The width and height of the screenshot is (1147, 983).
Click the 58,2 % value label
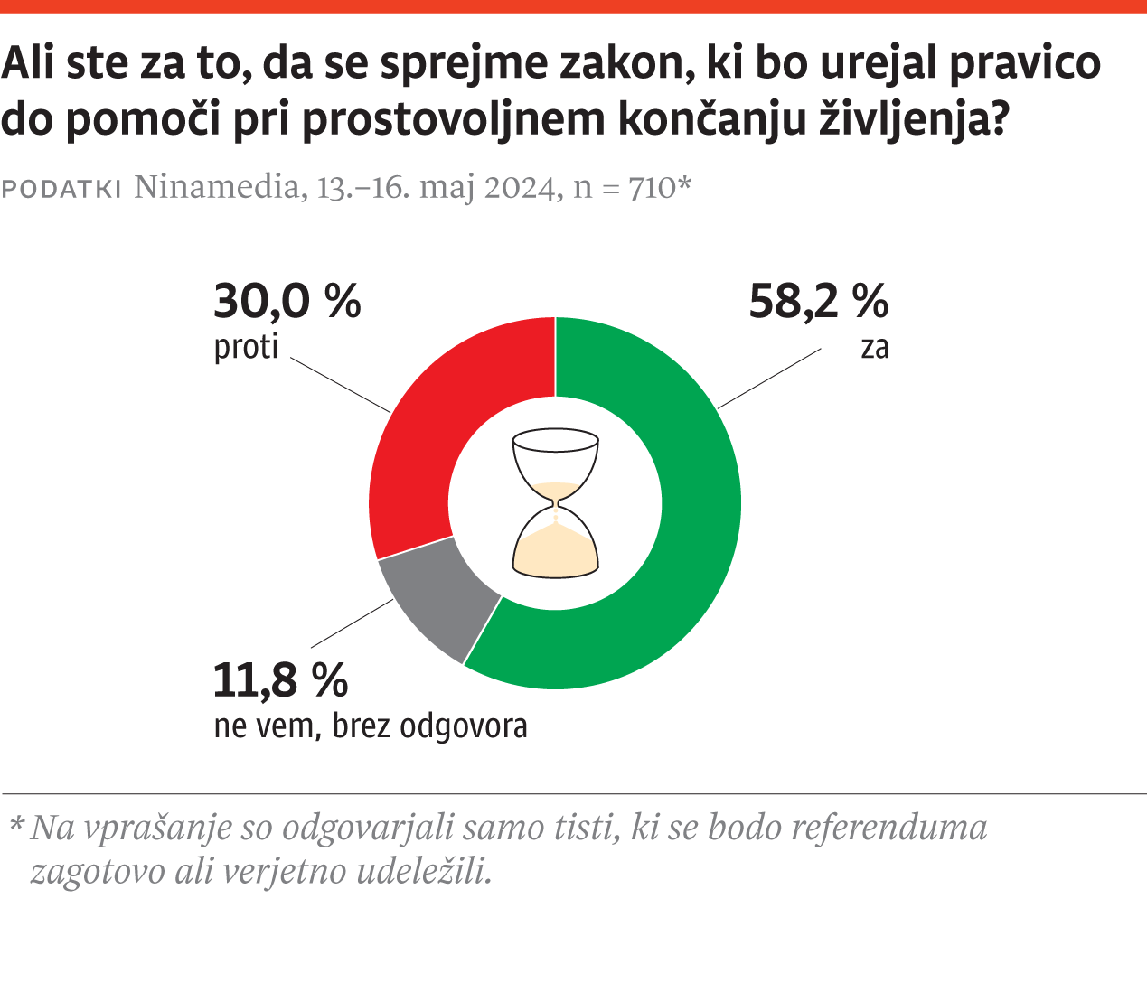click(818, 301)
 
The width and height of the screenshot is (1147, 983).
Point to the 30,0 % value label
click(287, 301)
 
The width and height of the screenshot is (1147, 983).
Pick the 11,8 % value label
click(280, 680)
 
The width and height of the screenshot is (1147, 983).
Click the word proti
click(246, 347)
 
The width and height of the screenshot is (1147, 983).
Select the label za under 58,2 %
click(874, 348)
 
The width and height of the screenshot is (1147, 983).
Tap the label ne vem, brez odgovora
click(371, 726)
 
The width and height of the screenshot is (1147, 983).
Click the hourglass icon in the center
click(555, 503)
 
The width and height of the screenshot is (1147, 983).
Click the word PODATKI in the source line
click(62, 189)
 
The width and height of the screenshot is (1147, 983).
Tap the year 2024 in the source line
click(519, 187)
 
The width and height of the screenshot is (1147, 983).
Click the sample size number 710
click(651, 187)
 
